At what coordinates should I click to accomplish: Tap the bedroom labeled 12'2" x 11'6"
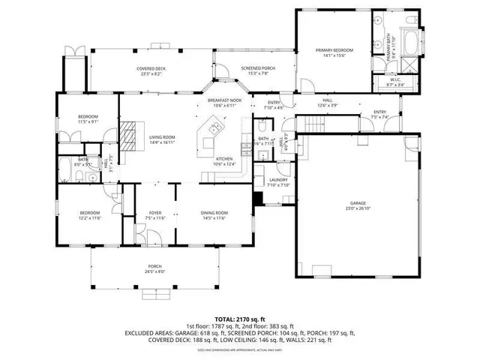pos(89,216)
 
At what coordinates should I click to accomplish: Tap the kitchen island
pos(209,135)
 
